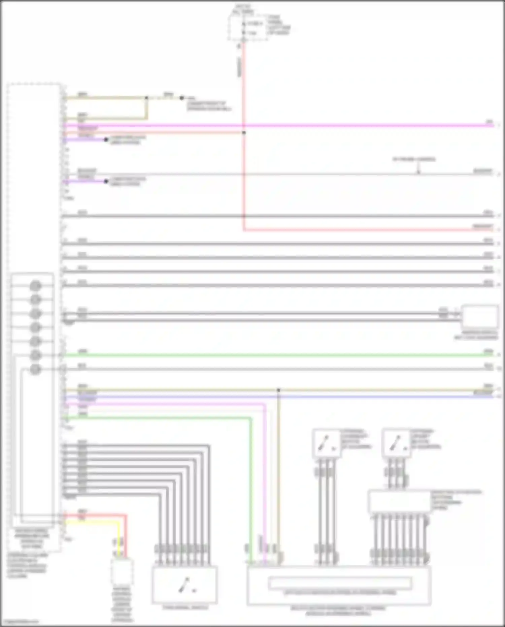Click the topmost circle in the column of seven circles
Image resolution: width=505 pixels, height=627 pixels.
[x=35, y=286]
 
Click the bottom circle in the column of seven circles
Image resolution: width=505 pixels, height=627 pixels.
[x=35, y=370]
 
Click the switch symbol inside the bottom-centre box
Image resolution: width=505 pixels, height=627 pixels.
[x=184, y=585]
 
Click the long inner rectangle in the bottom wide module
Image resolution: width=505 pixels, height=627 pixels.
[x=340, y=583]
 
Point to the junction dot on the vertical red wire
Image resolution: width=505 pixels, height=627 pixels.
[x=244, y=133]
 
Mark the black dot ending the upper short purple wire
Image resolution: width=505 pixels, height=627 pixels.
[x=106, y=139]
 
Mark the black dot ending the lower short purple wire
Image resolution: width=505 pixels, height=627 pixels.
[x=106, y=181]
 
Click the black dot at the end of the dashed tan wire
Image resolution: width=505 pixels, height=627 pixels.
[x=182, y=98]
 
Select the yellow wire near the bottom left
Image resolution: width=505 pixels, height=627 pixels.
[x=94, y=522]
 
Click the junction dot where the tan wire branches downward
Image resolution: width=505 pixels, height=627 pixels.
[x=278, y=390]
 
